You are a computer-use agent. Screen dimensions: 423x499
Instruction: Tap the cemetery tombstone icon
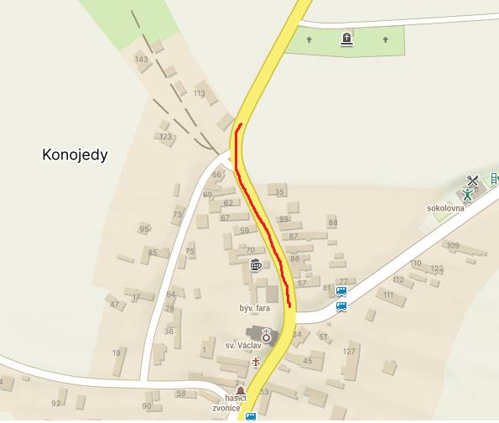346,39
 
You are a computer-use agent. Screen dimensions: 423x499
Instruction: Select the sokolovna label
445,208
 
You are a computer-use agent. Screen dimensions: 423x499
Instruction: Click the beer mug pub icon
256,266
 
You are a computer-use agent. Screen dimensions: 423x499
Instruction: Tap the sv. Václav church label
242,345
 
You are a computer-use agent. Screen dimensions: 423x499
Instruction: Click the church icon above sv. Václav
267,333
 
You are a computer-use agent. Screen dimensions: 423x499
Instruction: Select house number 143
142,59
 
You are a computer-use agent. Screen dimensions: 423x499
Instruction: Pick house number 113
199,93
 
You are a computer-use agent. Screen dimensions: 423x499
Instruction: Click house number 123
165,136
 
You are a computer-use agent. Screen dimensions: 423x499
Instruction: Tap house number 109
453,245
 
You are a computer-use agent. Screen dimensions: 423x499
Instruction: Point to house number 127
350,352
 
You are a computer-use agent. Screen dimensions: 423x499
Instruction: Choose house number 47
115,304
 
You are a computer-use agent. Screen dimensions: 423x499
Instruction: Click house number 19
117,352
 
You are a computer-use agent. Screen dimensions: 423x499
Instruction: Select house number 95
144,229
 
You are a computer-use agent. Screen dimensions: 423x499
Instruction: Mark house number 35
280,192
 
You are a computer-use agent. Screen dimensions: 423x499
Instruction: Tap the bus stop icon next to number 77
341,291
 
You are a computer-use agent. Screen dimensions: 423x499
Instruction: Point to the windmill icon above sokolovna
472,180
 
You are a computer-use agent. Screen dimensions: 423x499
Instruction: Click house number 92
56,404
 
